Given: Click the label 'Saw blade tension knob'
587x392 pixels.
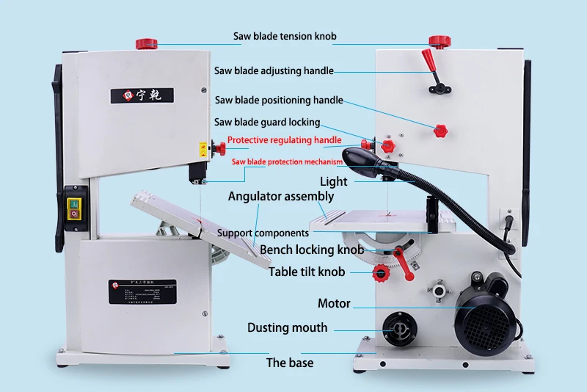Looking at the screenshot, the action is tap(285, 36).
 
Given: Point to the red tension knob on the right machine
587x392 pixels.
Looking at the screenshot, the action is tap(439, 40).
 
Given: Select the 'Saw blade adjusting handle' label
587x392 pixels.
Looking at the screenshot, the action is tap(274, 71).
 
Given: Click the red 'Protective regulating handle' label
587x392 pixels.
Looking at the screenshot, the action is tap(284, 139).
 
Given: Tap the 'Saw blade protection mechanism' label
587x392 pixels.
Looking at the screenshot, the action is tap(287, 161).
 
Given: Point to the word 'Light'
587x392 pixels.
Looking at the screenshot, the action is tap(333, 181).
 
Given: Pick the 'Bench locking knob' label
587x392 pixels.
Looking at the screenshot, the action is tap(312, 250).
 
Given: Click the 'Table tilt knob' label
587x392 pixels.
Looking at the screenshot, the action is tap(306, 272).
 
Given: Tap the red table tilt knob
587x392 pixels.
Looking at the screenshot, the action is tap(381, 275).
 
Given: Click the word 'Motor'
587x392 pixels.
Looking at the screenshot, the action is tap(334, 303).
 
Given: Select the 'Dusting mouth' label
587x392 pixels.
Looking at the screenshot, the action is tap(287, 327).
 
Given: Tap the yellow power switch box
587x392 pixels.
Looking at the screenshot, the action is tap(76, 208).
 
